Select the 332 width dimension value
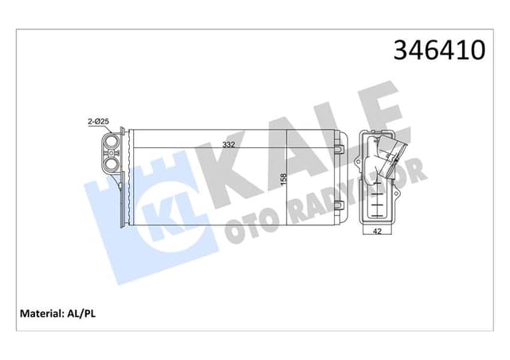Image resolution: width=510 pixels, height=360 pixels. (x=229, y=145)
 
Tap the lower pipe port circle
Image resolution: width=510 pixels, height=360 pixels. (x=111, y=165)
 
